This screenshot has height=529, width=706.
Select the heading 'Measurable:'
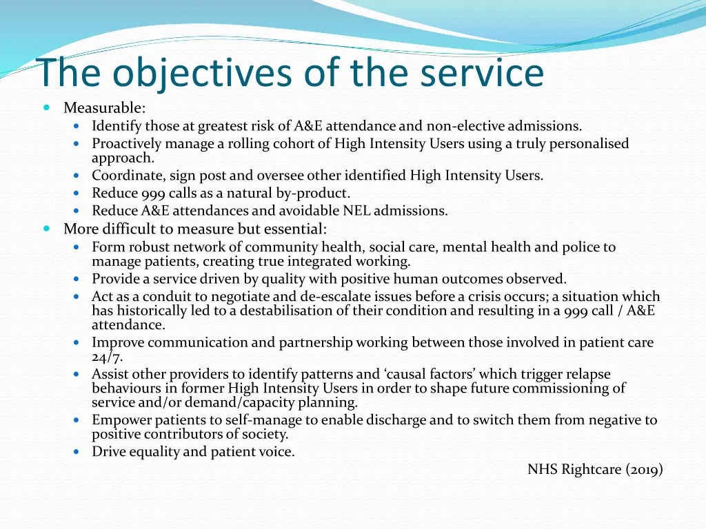coord(104,108)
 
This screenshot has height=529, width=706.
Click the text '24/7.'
coord(107,357)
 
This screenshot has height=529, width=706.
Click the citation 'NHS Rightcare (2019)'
coord(595,470)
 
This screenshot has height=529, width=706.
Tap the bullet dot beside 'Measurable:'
coord(46,108)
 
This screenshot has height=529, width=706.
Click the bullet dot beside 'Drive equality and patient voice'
coord(77,453)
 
